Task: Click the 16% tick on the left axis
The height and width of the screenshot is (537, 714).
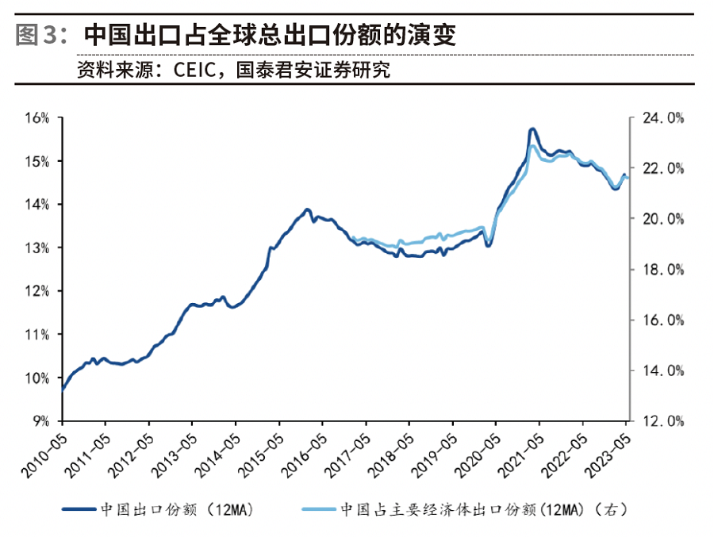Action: pyautogui.click(x=37, y=118)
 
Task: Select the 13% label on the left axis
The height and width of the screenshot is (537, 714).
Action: pyautogui.click(x=37, y=248)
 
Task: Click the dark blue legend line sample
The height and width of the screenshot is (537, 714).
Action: pyautogui.click(x=79, y=508)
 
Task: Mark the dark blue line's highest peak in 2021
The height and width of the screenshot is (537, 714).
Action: pyautogui.click(x=532, y=128)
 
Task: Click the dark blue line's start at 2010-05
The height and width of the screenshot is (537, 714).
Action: pyautogui.click(x=62, y=389)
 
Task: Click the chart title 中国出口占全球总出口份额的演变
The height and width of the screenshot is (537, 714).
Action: pyautogui.click(x=270, y=35)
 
